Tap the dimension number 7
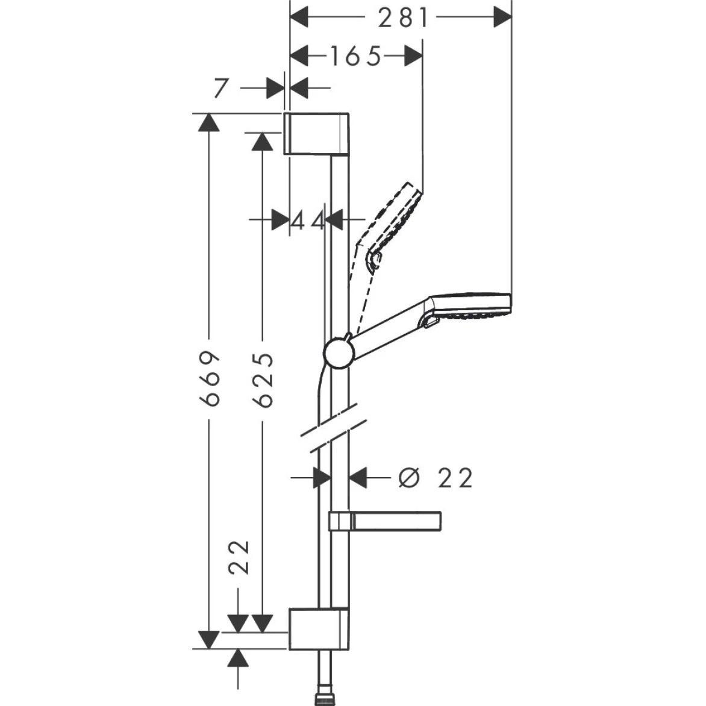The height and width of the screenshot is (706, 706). (x=221, y=89)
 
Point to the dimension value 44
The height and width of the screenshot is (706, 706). (x=308, y=220)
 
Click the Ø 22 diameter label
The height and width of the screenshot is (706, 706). (x=436, y=478)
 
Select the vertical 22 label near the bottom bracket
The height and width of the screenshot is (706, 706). (x=240, y=557)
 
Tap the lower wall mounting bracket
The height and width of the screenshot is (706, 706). (x=318, y=629)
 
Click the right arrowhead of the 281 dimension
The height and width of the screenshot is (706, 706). (x=502, y=17)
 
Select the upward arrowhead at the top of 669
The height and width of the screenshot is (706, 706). (x=208, y=123)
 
